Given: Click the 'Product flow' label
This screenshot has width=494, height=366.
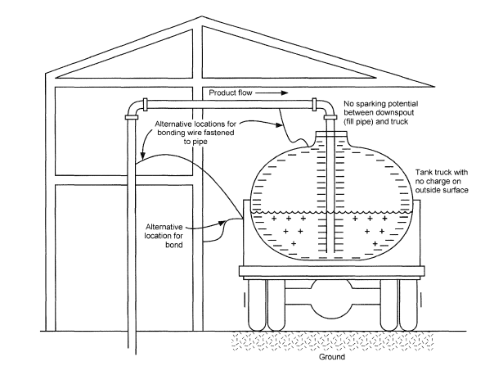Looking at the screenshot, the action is [x=231, y=93].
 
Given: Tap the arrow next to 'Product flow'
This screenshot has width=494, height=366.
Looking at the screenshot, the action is [x=272, y=93].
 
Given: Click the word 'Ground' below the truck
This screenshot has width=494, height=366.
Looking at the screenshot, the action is [x=332, y=357].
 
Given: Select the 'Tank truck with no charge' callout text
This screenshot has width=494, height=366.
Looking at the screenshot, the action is [x=442, y=181].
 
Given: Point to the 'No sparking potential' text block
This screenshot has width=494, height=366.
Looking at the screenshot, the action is [x=380, y=113].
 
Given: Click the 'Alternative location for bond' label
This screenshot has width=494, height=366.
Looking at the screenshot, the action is [x=164, y=236].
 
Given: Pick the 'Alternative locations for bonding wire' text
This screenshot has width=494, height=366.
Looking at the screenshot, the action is [x=195, y=133].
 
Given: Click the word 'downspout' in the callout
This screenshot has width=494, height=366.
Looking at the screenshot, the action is [x=394, y=113].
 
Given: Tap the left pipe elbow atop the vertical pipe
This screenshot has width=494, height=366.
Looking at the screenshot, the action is [x=133, y=108].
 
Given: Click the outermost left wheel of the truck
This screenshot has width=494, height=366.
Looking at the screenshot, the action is [x=257, y=305].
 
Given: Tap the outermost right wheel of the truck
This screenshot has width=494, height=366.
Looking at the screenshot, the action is [x=408, y=305].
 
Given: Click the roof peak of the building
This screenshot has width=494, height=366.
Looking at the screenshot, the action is [x=202, y=16].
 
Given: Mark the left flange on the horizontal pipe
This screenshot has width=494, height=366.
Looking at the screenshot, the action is [x=146, y=105].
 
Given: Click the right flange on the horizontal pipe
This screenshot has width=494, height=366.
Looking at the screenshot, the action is [x=314, y=105].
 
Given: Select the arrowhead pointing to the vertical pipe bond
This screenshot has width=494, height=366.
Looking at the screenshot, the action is [x=142, y=156].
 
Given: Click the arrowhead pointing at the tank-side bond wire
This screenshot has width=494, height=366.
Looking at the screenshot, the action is [x=279, y=125].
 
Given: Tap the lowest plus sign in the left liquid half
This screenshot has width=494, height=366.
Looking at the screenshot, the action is [x=294, y=243].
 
